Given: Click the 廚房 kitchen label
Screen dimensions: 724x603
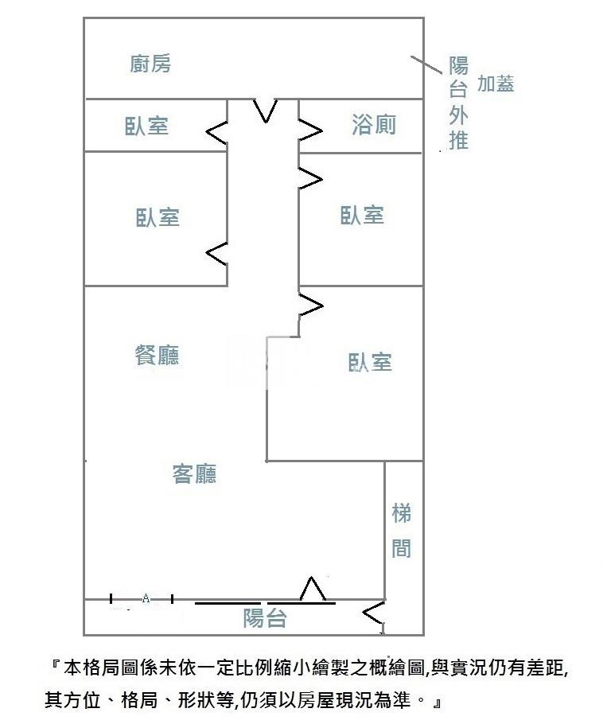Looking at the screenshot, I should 150,64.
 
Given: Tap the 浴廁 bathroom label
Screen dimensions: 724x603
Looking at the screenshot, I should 374,125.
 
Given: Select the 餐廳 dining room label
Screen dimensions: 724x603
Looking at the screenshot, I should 157,355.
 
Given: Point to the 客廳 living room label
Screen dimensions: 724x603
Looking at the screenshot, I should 195,474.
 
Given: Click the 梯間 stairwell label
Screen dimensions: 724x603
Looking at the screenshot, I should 402,531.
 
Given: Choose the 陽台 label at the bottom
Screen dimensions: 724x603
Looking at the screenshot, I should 265,617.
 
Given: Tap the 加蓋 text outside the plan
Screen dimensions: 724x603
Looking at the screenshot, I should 496,84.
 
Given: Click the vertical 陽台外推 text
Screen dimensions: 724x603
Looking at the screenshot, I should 458,103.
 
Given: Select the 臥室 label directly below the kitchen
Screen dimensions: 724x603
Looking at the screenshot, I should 147,126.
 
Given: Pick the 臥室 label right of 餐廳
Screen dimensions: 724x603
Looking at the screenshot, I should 370,363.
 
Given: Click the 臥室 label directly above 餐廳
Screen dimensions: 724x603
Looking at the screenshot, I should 158,217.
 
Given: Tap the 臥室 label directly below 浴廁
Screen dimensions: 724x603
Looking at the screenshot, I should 363,215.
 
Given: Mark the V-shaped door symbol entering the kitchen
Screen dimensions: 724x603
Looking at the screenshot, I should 265,111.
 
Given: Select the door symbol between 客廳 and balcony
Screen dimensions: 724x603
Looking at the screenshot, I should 313,590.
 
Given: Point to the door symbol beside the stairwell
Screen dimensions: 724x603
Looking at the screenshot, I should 373,613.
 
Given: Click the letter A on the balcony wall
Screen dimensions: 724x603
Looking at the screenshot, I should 146,598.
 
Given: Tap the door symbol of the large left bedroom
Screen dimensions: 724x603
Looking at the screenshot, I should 217,254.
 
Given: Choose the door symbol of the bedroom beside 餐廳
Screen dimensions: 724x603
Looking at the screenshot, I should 310,305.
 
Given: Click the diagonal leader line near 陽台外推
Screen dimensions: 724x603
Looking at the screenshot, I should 426,64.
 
